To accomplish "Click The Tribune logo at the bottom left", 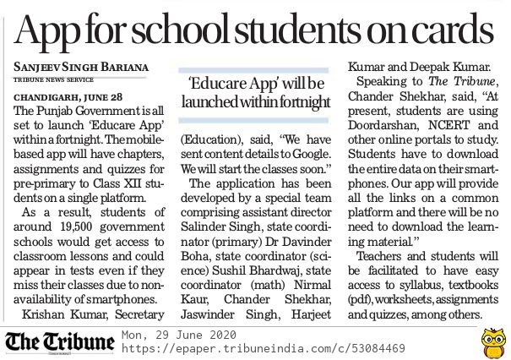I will [59, 341].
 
